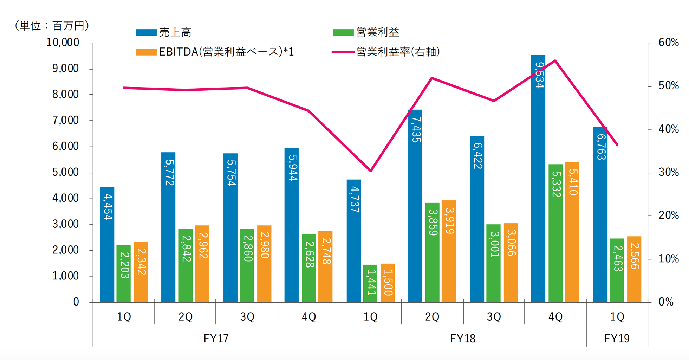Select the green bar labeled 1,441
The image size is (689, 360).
[x=370, y=283]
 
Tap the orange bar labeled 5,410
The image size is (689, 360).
[x=572, y=232]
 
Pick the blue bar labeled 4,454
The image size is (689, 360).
[x=107, y=245]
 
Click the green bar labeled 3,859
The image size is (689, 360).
[x=432, y=252]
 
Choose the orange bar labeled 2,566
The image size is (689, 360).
[x=634, y=269]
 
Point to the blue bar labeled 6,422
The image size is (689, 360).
[x=477, y=219]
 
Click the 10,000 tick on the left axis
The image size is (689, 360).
[x=63, y=43]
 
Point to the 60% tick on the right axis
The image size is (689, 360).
[x=668, y=43]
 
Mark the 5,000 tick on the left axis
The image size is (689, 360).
[x=65, y=172]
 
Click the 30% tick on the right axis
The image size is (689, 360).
[x=668, y=172]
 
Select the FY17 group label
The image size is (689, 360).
[x=216, y=338]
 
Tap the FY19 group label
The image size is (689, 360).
[x=617, y=338]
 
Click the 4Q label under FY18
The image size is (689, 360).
[x=555, y=317]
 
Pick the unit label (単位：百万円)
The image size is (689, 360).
[x=52, y=26]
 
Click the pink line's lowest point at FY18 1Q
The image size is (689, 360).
[x=371, y=171]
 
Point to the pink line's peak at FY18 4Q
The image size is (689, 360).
[x=555, y=60]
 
